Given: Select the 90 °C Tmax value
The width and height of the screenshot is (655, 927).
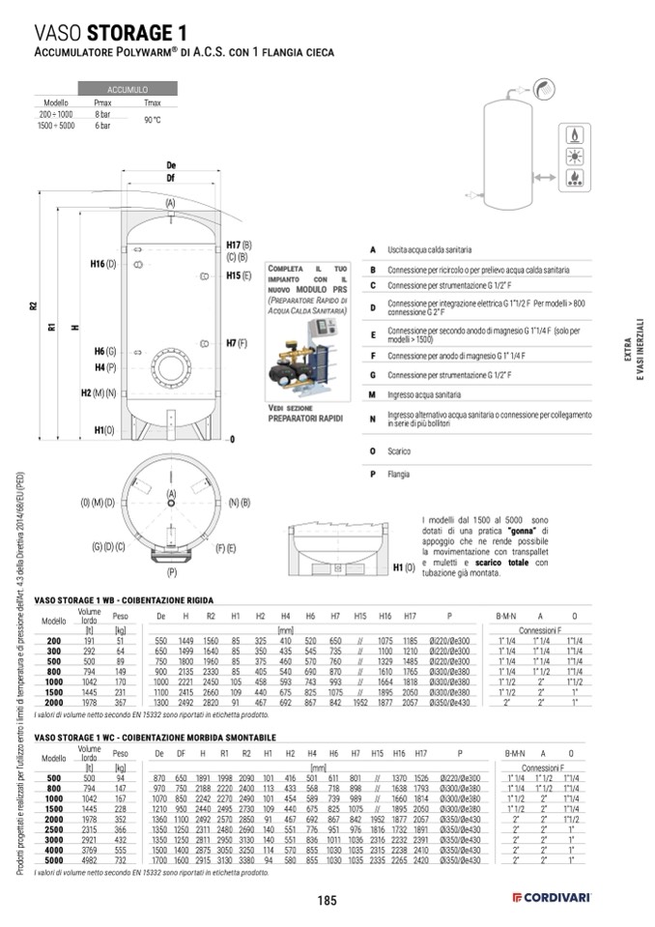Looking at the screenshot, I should click(152, 120).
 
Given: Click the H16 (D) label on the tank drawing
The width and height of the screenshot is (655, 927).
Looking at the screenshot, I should click(103, 264).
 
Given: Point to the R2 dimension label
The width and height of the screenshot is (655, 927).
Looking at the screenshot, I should click(33, 306).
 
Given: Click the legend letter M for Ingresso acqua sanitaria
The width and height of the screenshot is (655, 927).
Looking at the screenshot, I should click(372, 395).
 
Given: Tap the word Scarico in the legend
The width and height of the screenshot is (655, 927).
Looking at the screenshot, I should click(399, 450).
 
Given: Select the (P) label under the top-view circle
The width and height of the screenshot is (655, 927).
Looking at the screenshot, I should click(171, 572).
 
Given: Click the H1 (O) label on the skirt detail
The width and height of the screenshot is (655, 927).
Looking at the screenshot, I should click(403, 567).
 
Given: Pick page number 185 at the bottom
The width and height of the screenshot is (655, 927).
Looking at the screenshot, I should click(327, 901).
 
